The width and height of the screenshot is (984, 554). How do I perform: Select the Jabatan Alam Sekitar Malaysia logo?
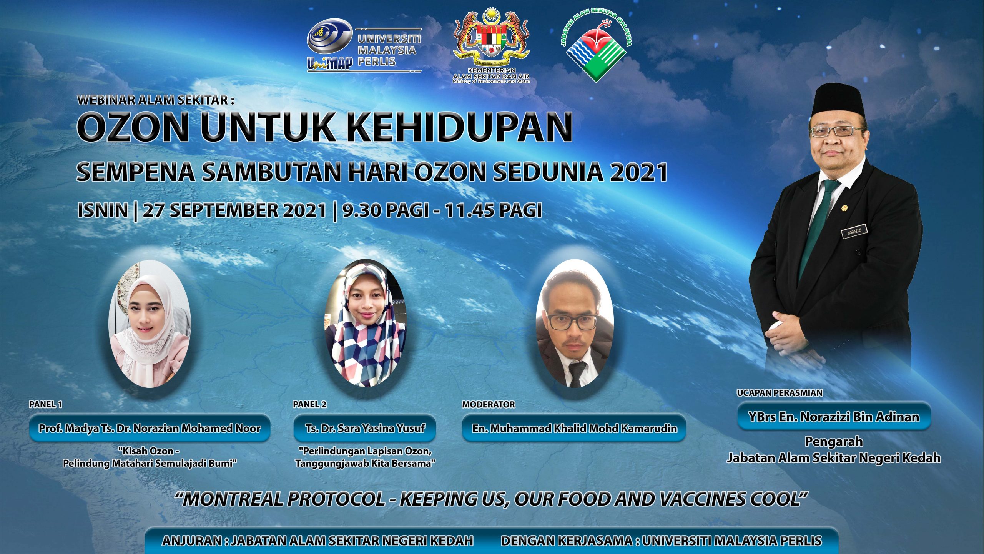click(596, 46)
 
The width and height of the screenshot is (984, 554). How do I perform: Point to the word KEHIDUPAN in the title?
click(460, 128)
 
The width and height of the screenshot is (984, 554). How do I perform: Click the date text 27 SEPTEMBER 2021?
click(234, 210)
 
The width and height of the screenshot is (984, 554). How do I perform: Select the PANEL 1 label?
click(45, 404)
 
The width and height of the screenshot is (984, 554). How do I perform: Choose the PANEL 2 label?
click(309, 404)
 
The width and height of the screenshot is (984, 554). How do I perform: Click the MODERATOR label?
click(488, 404)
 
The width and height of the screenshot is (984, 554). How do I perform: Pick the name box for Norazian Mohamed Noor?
click(150, 428)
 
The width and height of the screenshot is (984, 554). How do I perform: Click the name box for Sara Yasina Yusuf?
click(365, 428)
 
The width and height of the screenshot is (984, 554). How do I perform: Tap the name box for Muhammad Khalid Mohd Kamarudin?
click(574, 428)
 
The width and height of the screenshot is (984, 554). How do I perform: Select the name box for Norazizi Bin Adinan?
click(834, 417)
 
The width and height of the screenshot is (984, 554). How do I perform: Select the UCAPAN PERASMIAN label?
click(780, 393)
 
